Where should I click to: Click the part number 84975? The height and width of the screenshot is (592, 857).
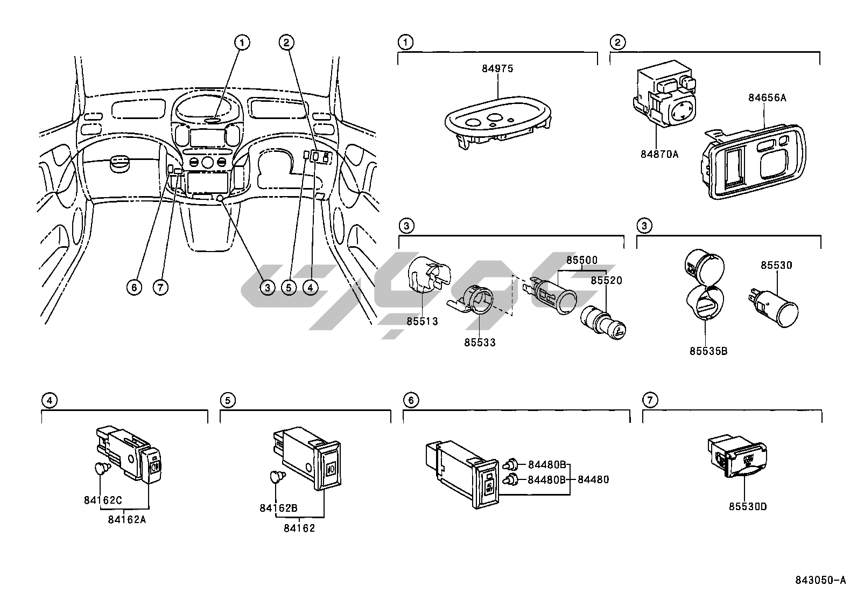click(497, 68)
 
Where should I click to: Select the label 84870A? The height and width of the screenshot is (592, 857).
click(659, 154)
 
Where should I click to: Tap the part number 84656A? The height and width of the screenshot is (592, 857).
click(767, 97)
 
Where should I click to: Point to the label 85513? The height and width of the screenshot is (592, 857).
click(422, 321)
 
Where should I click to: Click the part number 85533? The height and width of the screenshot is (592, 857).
click(480, 342)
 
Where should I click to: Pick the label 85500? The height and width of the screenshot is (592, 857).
click(581, 260)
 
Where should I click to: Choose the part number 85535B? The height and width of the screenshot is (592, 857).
click(708, 351)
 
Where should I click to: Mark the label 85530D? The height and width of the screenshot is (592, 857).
click(748, 506)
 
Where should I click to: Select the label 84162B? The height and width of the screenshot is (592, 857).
click(278, 507)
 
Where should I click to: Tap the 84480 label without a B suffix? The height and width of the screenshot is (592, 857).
click(593, 479)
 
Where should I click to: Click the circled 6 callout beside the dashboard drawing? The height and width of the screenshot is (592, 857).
click(134, 287)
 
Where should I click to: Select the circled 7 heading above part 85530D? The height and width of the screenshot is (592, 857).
click(650, 400)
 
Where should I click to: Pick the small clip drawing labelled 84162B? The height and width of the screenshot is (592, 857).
click(277, 477)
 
